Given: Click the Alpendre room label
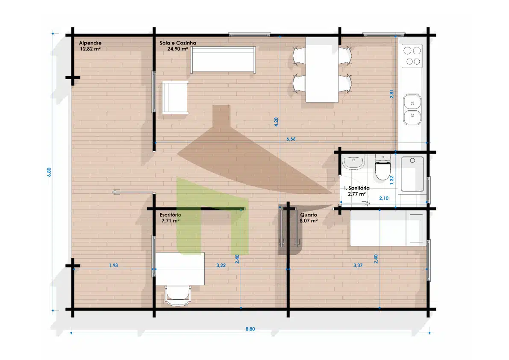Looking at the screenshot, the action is (90, 43).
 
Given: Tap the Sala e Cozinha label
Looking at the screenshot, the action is (178, 43).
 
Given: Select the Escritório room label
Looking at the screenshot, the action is (171, 215).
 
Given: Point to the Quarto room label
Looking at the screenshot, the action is (309, 215).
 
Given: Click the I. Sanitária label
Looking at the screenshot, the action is (357, 188).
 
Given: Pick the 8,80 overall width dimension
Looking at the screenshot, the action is (250, 329).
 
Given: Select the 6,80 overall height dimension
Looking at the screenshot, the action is (49, 172).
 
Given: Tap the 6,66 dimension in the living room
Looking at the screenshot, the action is (291, 139).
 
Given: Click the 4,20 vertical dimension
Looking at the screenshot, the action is (276, 122).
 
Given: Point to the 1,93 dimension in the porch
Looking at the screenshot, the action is (113, 265).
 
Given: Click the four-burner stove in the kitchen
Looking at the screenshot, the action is (412, 56).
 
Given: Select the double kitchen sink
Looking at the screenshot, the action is (412, 110).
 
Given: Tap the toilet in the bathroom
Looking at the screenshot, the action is (383, 168).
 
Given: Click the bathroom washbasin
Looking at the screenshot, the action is (354, 162).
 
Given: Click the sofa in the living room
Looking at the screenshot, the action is (223, 60).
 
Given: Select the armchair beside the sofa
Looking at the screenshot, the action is (175, 97).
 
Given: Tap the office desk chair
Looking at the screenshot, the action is (177, 295).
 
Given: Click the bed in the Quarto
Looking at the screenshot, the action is (388, 228).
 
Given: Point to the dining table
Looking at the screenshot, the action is (322, 70).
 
